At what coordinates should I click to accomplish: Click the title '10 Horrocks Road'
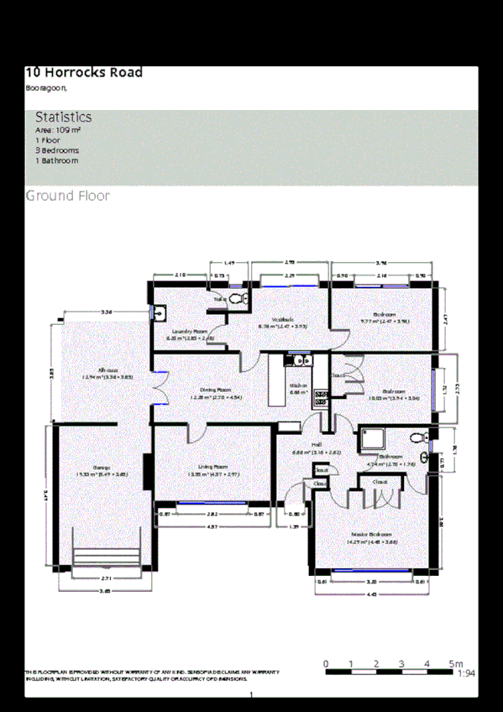[84, 72]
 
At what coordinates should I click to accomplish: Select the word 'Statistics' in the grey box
[64, 117]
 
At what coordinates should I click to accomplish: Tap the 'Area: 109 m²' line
[58, 130]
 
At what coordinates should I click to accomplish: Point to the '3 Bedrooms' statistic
[57, 150]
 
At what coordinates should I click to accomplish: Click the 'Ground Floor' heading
[67, 196]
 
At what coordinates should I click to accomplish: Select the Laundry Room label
[190, 332]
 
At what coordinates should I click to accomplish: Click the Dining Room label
[216, 390]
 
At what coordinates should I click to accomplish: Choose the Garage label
[102, 467]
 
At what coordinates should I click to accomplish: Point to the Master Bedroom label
[370, 534]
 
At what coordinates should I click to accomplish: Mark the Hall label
[317, 445]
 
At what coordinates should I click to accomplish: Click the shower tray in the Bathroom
[370, 439]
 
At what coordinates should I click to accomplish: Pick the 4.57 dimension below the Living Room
[212, 526]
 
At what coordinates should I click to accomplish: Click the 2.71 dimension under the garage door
[107, 579]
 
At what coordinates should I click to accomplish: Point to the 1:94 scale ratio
[466, 673]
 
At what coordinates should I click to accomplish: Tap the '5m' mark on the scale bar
[456, 664]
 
